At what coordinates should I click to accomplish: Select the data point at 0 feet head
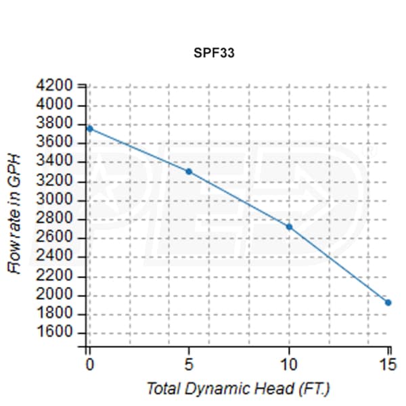[x=89, y=128]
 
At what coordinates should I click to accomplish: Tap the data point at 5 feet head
[x=189, y=171]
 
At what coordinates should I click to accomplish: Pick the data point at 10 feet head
[x=289, y=227]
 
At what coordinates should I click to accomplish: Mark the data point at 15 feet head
[x=388, y=302]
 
